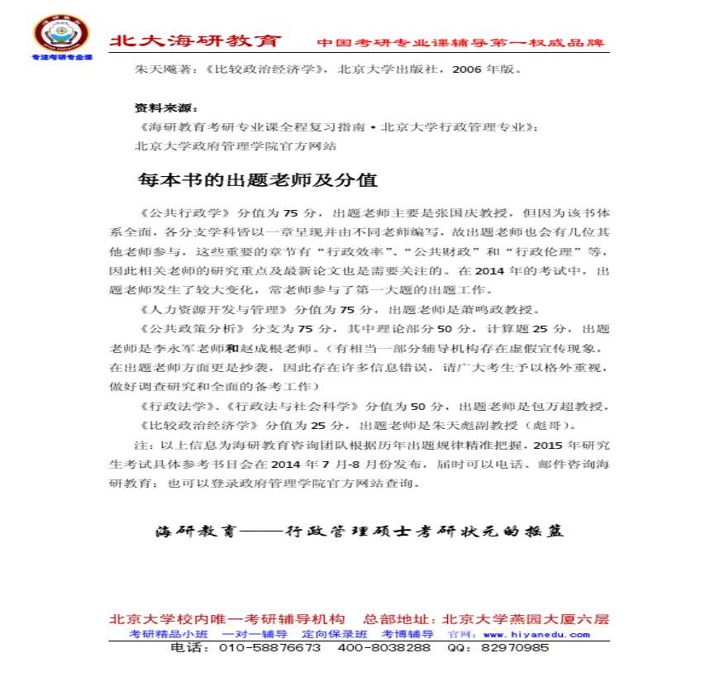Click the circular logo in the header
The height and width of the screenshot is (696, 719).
[x=60, y=35]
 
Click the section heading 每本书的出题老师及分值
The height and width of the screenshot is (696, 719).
[x=257, y=179]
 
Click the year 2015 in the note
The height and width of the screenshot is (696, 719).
[x=547, y=445]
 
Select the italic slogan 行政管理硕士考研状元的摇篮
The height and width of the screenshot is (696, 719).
[x=421, y=532]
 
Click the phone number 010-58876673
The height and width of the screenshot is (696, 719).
[x=269, y=648]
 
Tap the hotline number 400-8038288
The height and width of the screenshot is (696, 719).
[x=383, y=648]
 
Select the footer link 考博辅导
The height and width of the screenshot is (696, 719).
[x=407, y=634]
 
